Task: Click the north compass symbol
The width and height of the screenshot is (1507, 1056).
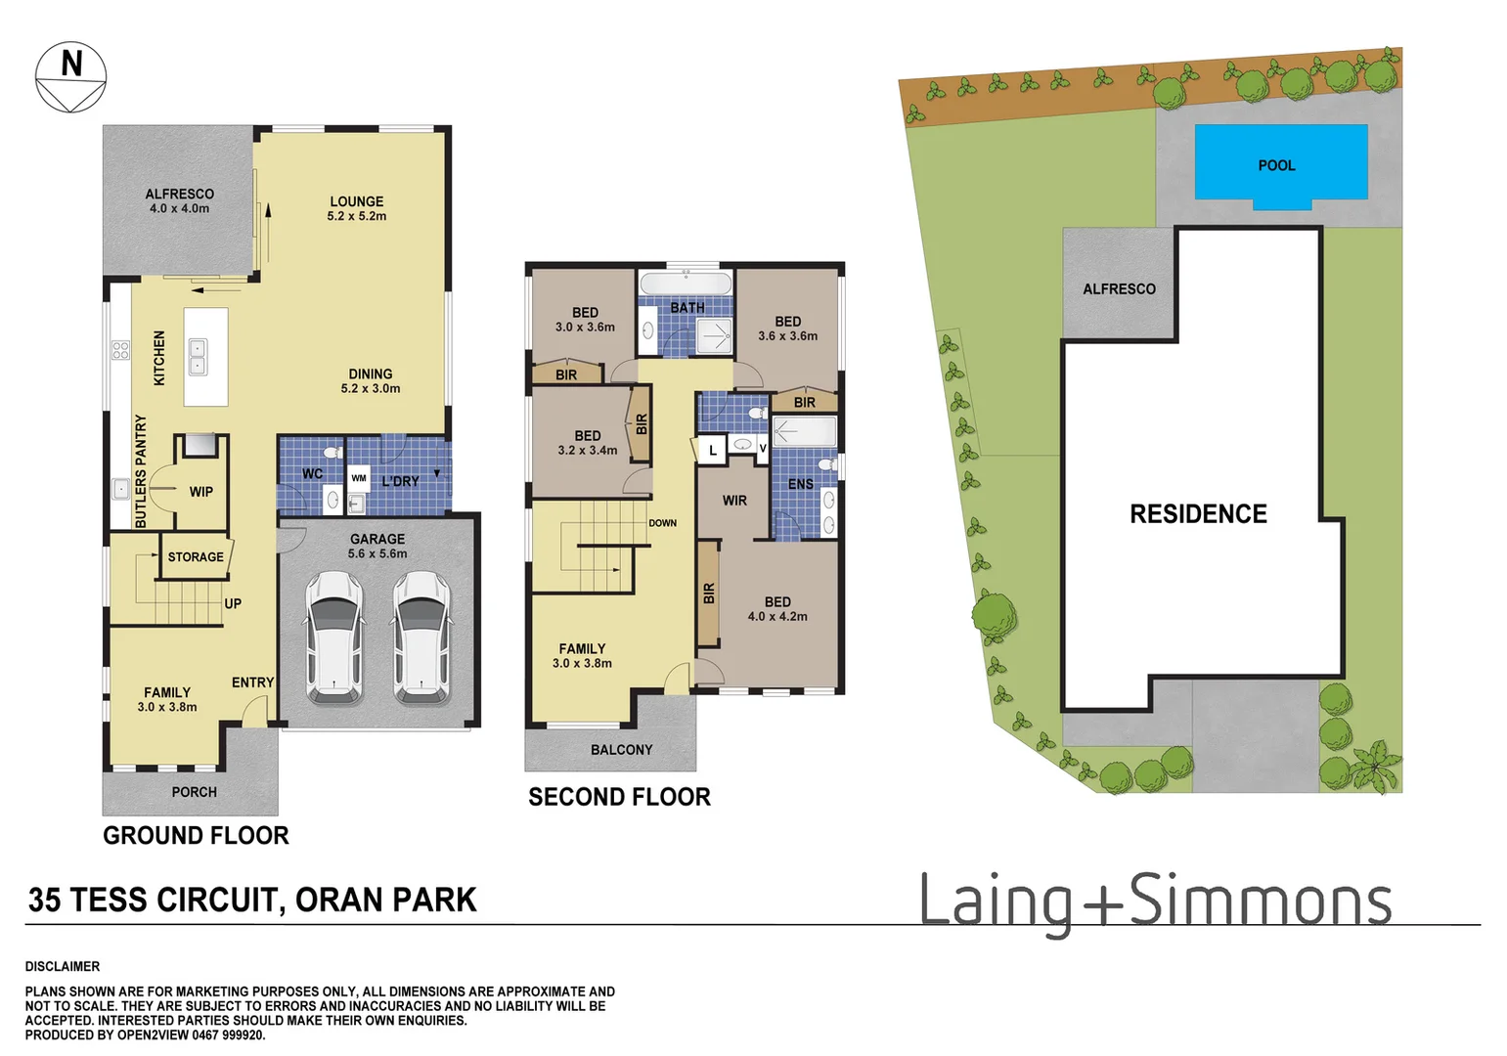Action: (x=70, y=77)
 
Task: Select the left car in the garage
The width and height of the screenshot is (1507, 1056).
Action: (x=333, y=638)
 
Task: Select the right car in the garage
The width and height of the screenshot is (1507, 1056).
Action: (x=421, y=638)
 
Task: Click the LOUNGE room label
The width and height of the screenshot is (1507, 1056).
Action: (x=356, y=208)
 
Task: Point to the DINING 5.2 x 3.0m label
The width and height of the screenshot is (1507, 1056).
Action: (x=370, y=380)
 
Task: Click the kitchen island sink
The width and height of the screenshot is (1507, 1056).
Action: (x=198, y=357)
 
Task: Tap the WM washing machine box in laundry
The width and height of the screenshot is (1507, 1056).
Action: (x=359, y=478)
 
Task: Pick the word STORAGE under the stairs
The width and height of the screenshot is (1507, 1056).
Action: (x=196, y=557)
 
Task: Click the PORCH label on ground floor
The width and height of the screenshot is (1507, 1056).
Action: (x=194, y=792)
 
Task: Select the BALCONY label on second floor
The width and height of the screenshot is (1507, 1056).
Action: (x=621, y=750)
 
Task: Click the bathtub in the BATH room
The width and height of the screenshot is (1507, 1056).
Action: (x=685, y=285)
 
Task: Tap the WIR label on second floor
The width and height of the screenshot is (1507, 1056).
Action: (x=734, y=501)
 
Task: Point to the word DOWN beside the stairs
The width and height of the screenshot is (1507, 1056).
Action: (x=662, y=523)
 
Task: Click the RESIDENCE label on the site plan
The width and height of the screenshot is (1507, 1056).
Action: (x=1198, y=514)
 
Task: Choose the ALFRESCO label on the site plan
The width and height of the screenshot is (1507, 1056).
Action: (x=1119, y=289)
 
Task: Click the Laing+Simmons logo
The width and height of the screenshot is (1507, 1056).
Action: (x=1155, y=902)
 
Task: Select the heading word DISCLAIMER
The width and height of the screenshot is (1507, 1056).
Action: (x=63, y=966)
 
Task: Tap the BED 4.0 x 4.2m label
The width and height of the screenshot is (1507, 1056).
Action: (x=777, y=609)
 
